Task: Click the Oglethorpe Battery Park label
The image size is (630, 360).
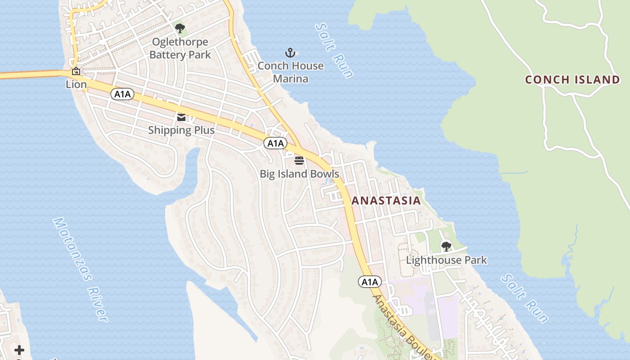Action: [180, 49]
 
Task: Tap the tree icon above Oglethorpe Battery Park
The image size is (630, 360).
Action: [180, 29]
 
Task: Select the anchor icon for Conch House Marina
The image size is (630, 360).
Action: [290, 53]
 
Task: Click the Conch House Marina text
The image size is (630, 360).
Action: [290, 72]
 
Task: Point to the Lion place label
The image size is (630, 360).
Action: [76, 84]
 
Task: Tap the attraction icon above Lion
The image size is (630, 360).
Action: [76, 71]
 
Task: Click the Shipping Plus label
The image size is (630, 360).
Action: [181, 130]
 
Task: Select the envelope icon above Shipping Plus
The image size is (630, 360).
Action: [181, 117]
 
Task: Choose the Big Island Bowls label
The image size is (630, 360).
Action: [299, 174]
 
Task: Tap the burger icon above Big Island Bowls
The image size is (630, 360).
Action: [299, 160]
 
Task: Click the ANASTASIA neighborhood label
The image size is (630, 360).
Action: [386, 201]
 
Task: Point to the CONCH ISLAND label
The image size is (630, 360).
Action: [572, 80]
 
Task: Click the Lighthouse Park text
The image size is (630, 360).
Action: [446, 260]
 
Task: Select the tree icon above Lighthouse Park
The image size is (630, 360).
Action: [446, 246]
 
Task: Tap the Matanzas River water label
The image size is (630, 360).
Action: [81, 270]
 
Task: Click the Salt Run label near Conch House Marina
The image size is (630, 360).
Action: [334, 50]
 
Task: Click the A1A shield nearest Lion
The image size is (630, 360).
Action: [122, 94]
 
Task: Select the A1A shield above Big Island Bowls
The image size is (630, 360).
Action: [275, 143]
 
